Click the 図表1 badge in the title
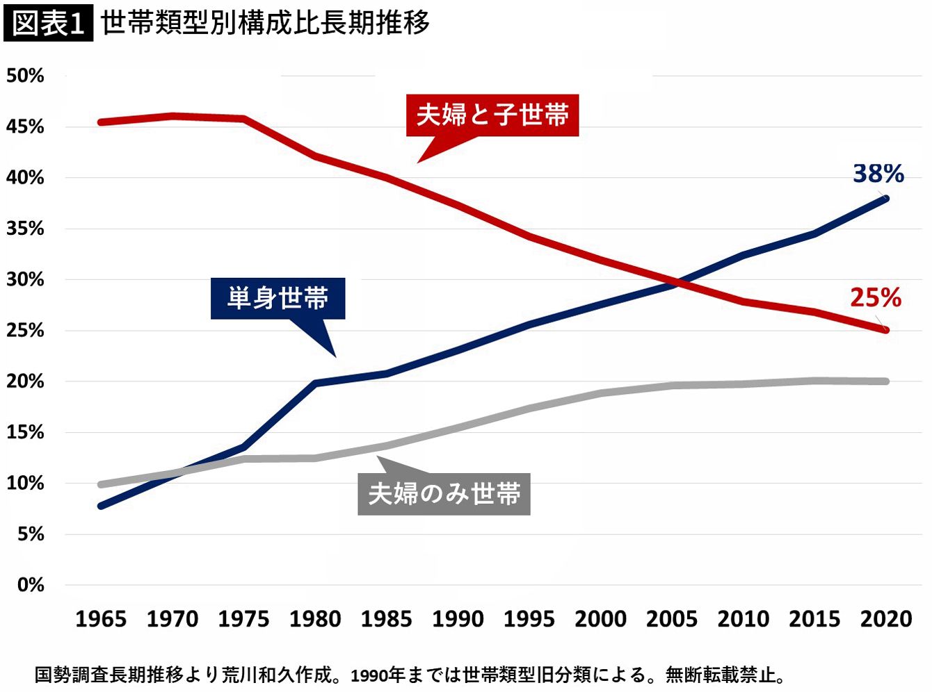48,24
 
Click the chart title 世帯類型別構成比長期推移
265,23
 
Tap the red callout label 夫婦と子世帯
492,115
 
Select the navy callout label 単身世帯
278,299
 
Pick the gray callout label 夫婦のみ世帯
444,494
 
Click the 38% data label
878,174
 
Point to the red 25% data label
875,298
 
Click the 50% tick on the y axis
26,76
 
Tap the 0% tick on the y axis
31,585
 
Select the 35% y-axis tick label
26,229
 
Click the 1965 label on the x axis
101,619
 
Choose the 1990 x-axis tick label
458,619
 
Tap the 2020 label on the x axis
885,619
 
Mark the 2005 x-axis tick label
672,619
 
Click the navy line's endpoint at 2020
885,199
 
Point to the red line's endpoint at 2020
885,330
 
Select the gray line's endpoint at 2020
885,381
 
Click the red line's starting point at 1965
102,122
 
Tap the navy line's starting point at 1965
102,506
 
